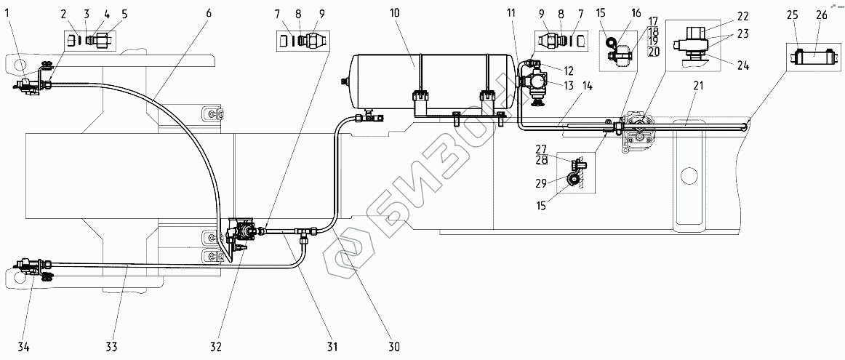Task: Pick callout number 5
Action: (124, 14)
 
